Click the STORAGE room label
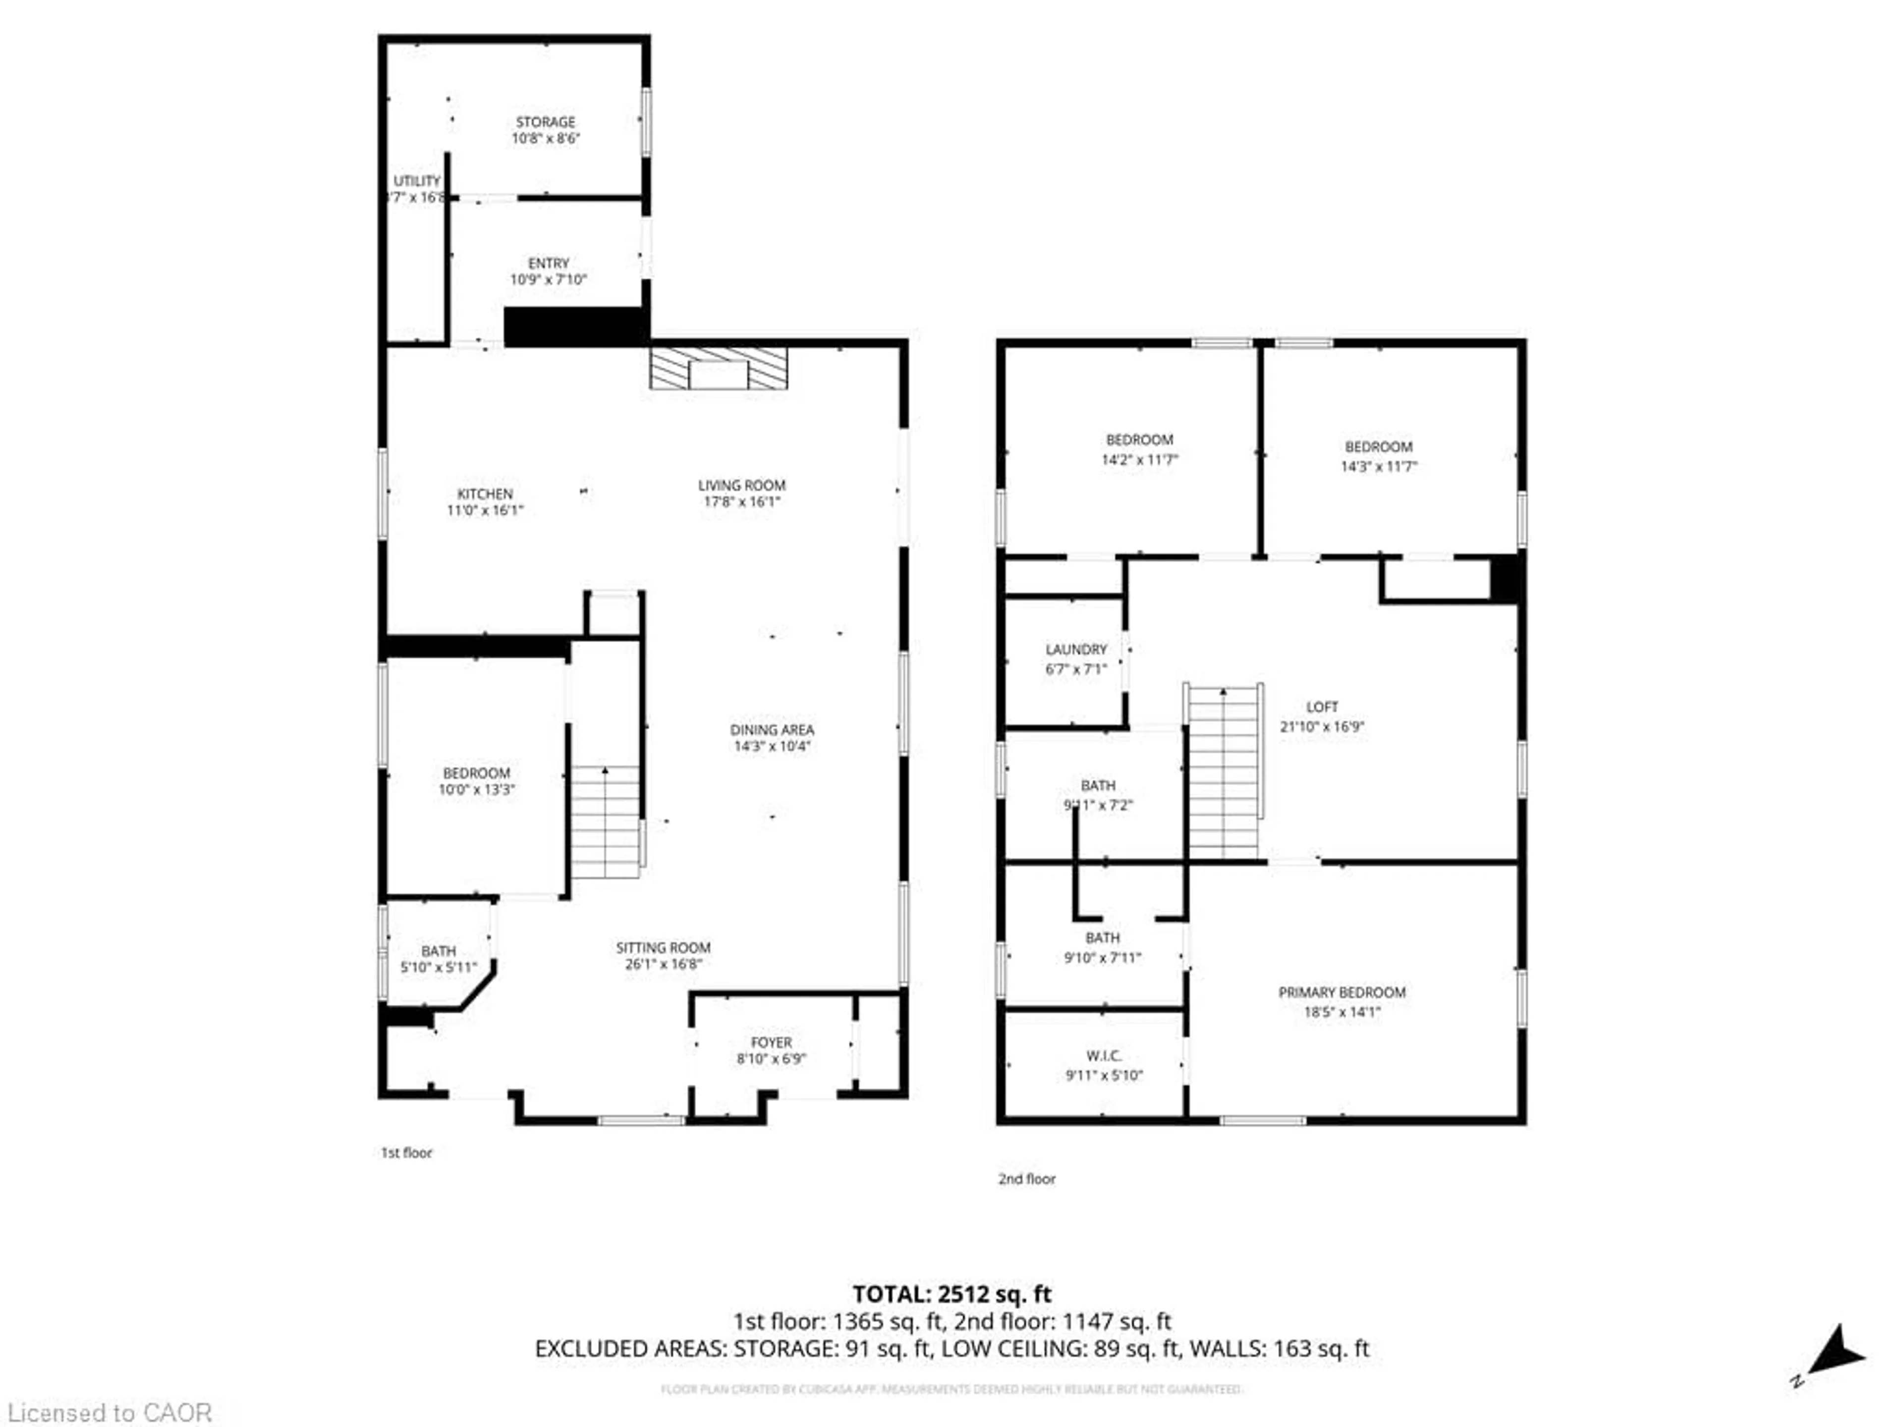coord(546,122)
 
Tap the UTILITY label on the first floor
coord(417,181)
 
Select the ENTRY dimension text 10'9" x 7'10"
coord(548,279)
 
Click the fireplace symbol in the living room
coord(719,368)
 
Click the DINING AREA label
coord(772,729)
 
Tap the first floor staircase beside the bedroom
coord(606,822)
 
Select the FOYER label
coord(771,1043)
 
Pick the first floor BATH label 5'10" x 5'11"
coord(438,951)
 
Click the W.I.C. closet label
coord(1104,1055)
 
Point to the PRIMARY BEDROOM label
coord(1341,992)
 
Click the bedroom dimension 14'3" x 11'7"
coord(1378,466)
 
